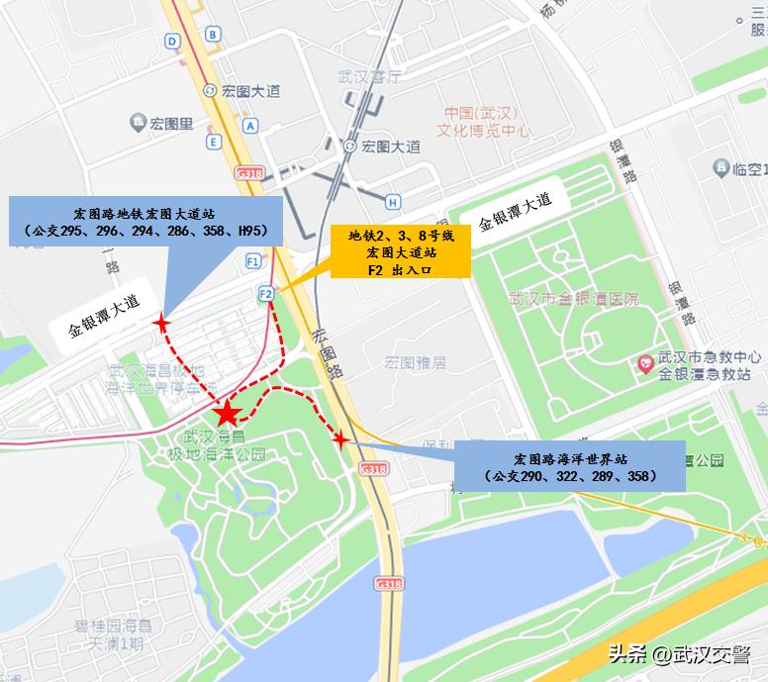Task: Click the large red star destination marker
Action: (x=227, y=415)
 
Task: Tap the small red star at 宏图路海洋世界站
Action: (x=340, y=438)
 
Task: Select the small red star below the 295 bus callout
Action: (x=159, y=323)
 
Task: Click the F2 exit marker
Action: (x=265, y=293)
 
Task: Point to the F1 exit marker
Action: (x=253, y=261)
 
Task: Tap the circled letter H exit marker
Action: (x=393, y=202)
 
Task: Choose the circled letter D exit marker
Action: (x=173, y=41)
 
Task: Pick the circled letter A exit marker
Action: (x=250, y=126)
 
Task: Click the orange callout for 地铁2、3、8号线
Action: (x=400, y=251)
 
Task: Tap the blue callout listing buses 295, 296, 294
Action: (x=145, y=221)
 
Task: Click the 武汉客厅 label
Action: (x=369, y=76)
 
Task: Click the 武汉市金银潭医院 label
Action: (x=573, y=299)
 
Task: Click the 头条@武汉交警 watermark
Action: (x=679, y=654)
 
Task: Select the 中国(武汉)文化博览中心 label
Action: (x=485, y=121)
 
